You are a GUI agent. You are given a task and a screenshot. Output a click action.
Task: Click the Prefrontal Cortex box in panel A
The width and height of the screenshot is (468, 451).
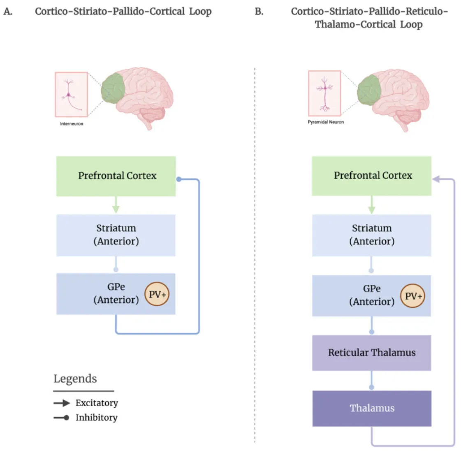coord(116,176)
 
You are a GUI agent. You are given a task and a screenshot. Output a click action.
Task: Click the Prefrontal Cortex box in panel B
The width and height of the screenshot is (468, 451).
coord(371,176)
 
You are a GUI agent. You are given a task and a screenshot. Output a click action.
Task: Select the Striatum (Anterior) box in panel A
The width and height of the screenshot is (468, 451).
coord(116,235)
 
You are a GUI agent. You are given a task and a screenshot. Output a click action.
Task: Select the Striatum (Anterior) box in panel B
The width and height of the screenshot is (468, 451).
coord(371,235)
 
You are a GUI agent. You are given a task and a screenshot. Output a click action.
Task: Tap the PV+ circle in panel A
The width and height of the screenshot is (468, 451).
coord(157,294)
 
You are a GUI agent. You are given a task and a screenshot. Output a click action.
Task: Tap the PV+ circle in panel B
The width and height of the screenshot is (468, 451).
coord(413,296)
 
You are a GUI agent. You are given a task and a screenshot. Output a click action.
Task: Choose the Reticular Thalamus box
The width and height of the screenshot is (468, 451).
coord(371,353)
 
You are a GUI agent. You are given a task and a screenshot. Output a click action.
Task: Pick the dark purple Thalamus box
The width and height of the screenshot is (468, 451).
coord(371,408)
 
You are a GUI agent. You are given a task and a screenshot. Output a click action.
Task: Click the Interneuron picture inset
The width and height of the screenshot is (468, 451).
coord(71,95)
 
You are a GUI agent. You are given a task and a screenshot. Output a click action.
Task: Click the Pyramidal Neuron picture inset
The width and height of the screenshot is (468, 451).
coord(325,93)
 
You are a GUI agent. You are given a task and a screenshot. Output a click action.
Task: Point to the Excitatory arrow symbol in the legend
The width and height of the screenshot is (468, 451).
coord(62,403)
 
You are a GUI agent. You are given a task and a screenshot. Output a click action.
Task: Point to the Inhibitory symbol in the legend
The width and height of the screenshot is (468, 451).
coord(62,418)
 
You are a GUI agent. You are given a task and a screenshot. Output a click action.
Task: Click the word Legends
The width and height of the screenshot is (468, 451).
coord(75,379)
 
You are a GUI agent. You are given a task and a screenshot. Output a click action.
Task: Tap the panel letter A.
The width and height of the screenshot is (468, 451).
coord(8,12)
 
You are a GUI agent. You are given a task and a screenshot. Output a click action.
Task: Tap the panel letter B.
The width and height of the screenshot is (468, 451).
coord(259,12)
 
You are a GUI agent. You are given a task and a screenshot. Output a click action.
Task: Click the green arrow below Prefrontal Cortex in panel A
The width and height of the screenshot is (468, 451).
coord(116,205)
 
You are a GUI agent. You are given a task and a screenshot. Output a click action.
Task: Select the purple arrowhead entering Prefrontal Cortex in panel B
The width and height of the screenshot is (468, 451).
coord(436,179)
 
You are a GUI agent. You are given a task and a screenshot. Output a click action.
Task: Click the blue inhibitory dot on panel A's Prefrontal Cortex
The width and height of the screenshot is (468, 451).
coord(178,179)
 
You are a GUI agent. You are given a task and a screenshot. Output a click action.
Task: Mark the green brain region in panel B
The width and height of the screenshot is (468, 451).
coord(369,93)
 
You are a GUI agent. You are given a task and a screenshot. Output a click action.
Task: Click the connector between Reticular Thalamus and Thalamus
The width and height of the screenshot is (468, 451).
coord(371,379)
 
